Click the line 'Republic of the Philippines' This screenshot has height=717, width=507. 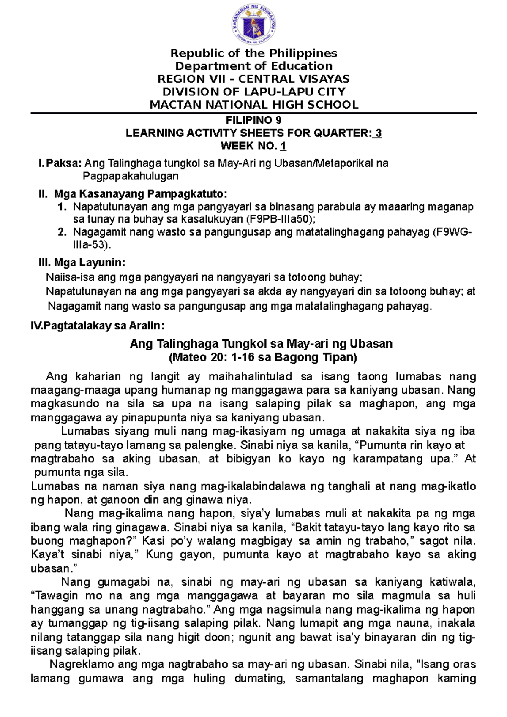pyautogui.click(x=253, y=53)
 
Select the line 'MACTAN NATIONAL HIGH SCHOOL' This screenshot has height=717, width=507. pyautogui.click(x=253, y=105)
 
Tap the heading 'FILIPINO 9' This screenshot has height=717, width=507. pyautogui.click(x=253, y=120)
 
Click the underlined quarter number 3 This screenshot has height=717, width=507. pyautogui.click(x=378, y=133)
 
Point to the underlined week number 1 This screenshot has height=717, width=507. pyautogui.click(x=283, y=147)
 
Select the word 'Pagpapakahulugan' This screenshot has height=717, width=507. pyautogui.click(x=130, y=176)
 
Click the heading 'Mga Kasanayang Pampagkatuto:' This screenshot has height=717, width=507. pyautogui.click(x=140, y=194)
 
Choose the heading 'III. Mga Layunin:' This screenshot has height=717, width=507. pyautogui.click(x=82, y=263)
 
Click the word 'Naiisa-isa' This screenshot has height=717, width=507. pyautogui.click(x=70, y=277)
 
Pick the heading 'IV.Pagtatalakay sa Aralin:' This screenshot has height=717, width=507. pyautogui.click(x=98, y=326)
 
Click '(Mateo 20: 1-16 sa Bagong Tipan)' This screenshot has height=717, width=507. pyautogui.click(x=262, y=358)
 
